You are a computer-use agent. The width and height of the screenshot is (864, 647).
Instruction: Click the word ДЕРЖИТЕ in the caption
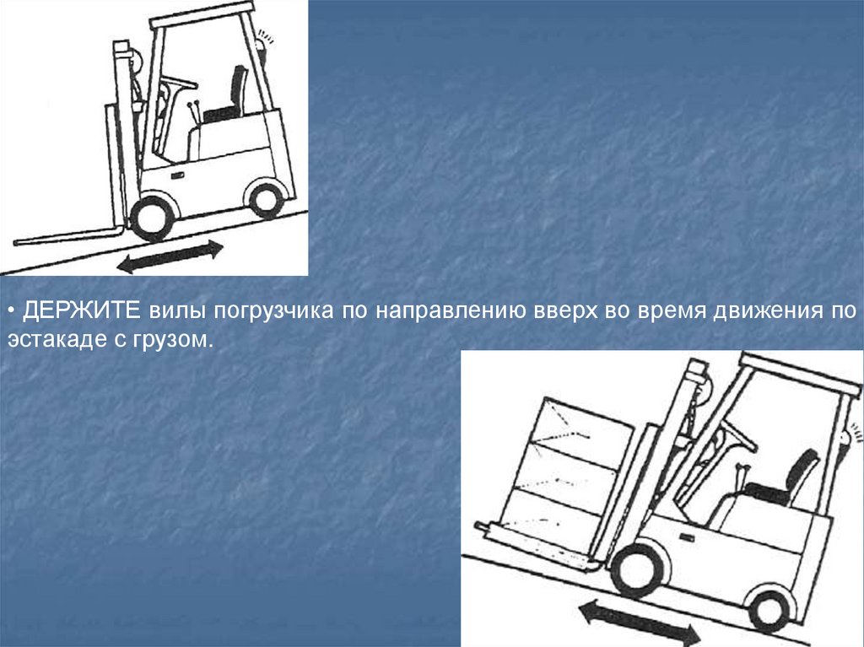click(x=82, y=310)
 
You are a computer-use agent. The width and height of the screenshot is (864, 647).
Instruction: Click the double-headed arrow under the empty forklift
click(x=170, y=256)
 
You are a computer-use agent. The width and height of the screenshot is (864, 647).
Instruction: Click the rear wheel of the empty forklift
click(x=266, y=200)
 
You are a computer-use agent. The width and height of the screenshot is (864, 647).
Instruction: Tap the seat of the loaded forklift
click(x=785, y=477)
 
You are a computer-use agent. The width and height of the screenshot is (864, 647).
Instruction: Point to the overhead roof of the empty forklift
click(x=202, y=15)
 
